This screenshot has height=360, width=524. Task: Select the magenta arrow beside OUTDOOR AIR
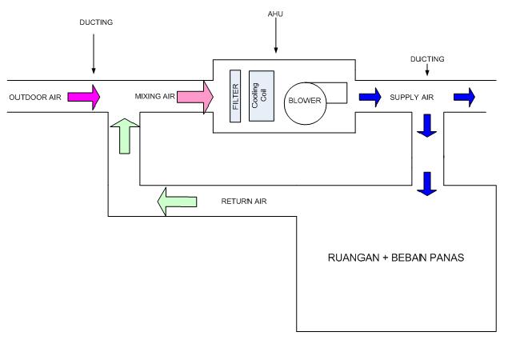pyautogui.click(x=83, y=97)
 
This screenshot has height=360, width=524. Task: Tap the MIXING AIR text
pyautogui.click(x=154, y=98)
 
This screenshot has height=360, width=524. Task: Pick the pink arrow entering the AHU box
pyautogui.click(x=195, y=97)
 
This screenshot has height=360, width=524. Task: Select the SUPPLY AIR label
pyautogui.click(x=411, y=98)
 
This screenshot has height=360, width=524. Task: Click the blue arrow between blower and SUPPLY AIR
pyautogui.click(x=370, y=97)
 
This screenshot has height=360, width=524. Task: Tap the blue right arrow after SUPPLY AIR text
pyautogui.click(x=464, y=97)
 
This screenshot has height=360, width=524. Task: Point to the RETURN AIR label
pyautogui.click(x=243, y=200)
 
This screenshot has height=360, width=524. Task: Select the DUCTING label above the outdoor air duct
pyautogui.click(x=97, y=22)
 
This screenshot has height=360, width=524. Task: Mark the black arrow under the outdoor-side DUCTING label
pyautogui.click(x=94, y=54)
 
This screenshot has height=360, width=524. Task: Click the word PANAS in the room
pyautogui.click(x=445, y=259)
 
